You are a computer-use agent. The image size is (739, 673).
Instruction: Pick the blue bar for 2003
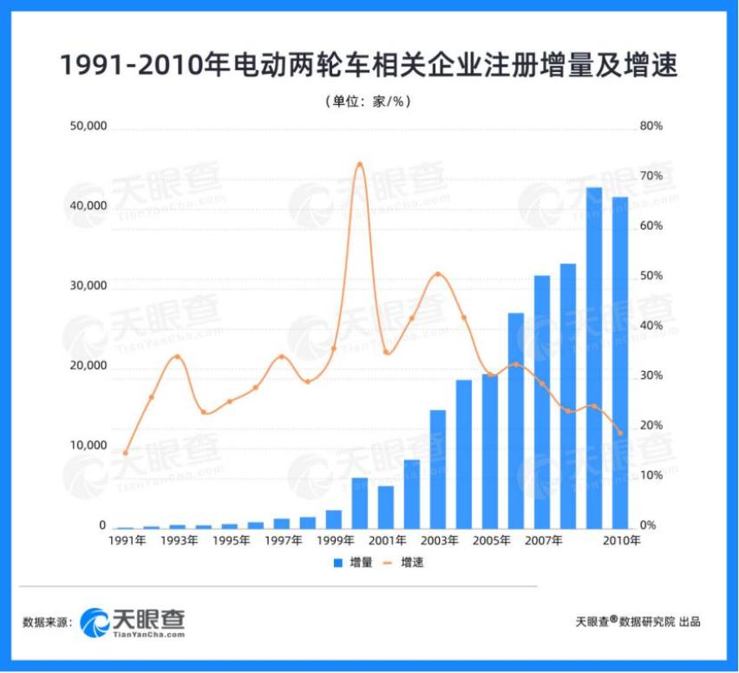pyautogui.click(x=438, y=468)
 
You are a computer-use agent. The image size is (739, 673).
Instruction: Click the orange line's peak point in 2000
pyautogui.click(x=360, y=164)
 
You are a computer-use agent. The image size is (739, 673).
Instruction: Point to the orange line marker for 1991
pyautogui.click(x=126, y=453)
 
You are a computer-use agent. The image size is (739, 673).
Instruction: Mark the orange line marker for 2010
pyautogui.click(x=620, y=433)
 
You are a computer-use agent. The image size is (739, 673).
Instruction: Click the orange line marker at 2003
pyautogui.click(x=438, y=274)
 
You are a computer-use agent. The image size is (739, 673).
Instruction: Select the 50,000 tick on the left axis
pyautogui.click(x=88, y=127)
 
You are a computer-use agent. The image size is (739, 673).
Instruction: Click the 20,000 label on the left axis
pyautogui.click(x=88, y=366)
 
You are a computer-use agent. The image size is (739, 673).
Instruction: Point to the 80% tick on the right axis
pyautogui.click(x=651, y=127)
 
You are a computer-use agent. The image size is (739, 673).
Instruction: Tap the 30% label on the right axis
pyautogui.click(x=651, y=376)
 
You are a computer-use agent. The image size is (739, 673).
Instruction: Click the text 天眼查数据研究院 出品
pyautogui.click(x=638, y=621)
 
